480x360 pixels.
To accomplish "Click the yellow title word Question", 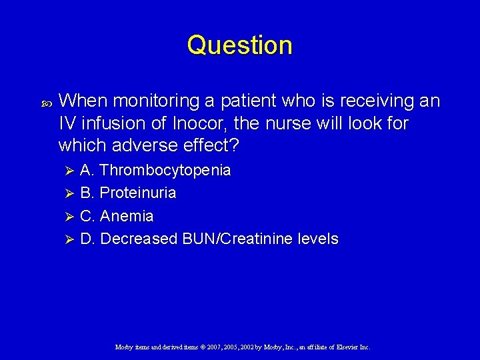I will (x=239, y=45).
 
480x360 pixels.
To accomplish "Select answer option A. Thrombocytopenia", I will (x=155, y=170).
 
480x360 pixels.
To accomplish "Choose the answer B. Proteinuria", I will (x=128, y=193).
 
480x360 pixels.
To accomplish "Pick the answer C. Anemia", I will (x=117, y=217).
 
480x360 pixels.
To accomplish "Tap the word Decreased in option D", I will (x=139, y=239).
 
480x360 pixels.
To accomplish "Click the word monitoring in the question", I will (x=157, y=101).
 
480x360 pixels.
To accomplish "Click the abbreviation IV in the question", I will (x=67, y=123).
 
